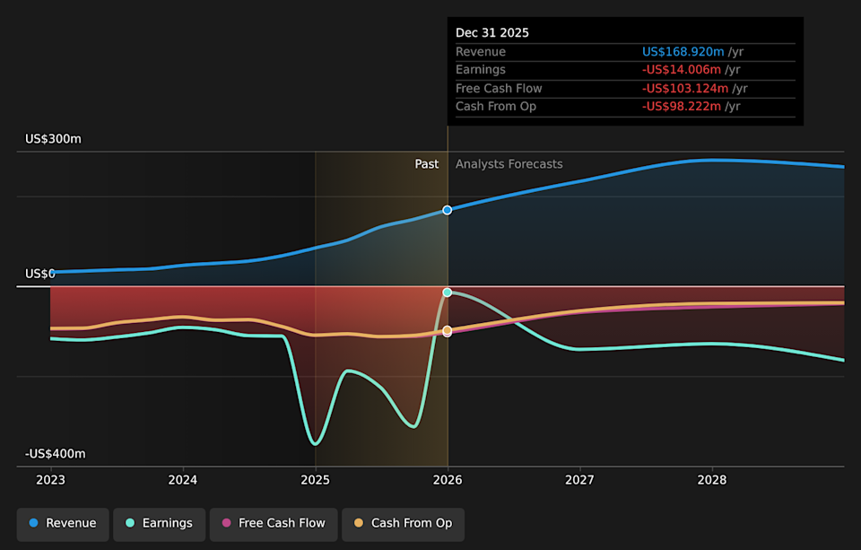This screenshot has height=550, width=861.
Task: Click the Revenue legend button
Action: click(x=62, y=524)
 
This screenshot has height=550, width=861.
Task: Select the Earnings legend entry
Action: click(x=158, y=524)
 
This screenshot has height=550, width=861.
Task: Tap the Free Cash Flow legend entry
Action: click(x=274, y=524)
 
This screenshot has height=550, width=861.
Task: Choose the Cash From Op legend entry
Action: click(x=403, y=524)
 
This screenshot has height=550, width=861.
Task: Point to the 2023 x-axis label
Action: click(x=50, y=479)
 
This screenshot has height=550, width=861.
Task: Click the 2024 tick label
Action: click(x=183, y=479)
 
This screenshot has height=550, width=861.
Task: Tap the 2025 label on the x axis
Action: click(x=315, y=479)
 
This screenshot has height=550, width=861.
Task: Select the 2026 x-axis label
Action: click(x=448, y=479)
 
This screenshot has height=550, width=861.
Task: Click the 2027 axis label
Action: click(x=579, y=479)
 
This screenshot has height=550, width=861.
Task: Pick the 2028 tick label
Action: click(x=712, y=479)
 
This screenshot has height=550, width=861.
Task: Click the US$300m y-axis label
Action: click(x=53, y=139)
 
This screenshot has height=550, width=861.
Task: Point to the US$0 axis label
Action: click(x=40, y=274)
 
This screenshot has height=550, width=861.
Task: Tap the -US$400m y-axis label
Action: click(x=55, y=454)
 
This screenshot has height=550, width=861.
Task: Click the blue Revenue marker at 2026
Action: click(x=448, y=210)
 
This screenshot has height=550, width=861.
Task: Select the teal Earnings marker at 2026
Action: click(x=448, y=292)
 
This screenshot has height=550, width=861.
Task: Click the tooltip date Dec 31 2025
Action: click(x=492, y=33)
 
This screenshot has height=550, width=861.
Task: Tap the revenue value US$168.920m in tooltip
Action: click(x=683, y=52)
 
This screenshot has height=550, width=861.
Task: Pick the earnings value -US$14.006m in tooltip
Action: click(x=681, y=70)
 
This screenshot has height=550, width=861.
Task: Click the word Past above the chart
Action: click(x=427, y=164)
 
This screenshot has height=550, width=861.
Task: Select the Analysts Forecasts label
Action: click(x=509, y=164)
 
